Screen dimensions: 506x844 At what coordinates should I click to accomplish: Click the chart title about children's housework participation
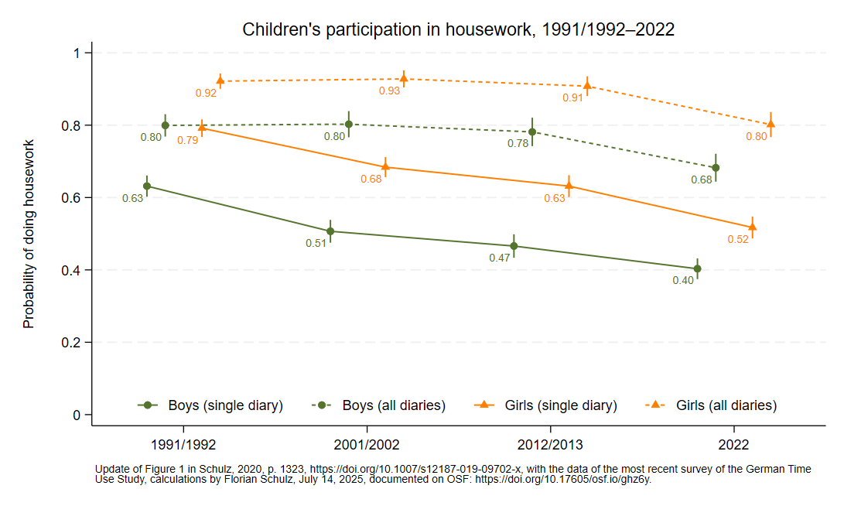pos(458,30)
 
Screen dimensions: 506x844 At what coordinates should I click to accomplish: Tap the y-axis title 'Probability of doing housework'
pos(29,234)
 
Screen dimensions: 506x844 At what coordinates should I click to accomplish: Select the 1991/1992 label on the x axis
pos(183,446)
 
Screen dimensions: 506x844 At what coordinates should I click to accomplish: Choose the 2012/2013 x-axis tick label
pos(550,446)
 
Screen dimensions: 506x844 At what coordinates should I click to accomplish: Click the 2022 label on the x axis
pos(733,446)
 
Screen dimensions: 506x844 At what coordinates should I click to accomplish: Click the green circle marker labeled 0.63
pos(147,186)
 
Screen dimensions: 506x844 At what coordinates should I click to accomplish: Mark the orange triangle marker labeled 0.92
pos(220,80)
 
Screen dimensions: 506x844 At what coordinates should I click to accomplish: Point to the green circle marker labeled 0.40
pos(698,268)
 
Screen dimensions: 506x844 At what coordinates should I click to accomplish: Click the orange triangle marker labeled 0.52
pos(752,227)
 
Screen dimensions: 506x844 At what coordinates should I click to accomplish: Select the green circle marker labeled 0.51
pos(330,231)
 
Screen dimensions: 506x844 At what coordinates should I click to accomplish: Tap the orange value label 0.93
pos(389,91)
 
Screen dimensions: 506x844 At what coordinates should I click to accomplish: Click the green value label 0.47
pos(500,258)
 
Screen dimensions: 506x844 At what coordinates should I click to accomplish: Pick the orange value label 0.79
pos(188,140)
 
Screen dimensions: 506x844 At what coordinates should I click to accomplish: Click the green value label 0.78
pos(518,144)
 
